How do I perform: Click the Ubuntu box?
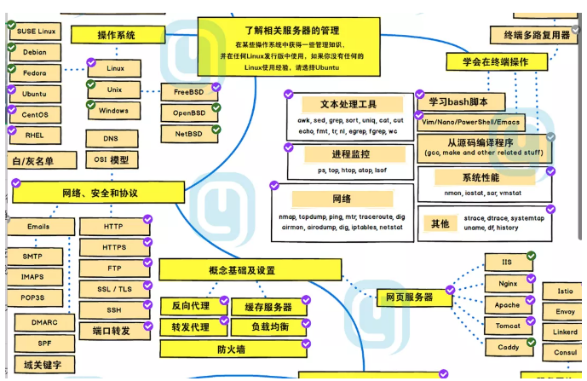(35, 94)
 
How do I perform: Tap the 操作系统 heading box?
(117, 35)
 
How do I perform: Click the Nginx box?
(508, 284)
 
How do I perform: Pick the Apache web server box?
(508, 305)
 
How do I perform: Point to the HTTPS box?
(114, 248)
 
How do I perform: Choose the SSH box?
(114, 309)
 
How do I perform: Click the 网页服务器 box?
(405, 297)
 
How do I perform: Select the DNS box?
(111, 138)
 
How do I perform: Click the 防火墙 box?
(232, 349)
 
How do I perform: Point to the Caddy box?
(508, 348)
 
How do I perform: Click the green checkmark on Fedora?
(11, 67)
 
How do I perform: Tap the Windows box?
(113, 111)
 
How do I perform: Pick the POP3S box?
(33, 297)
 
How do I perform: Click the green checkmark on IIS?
(531, 256)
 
